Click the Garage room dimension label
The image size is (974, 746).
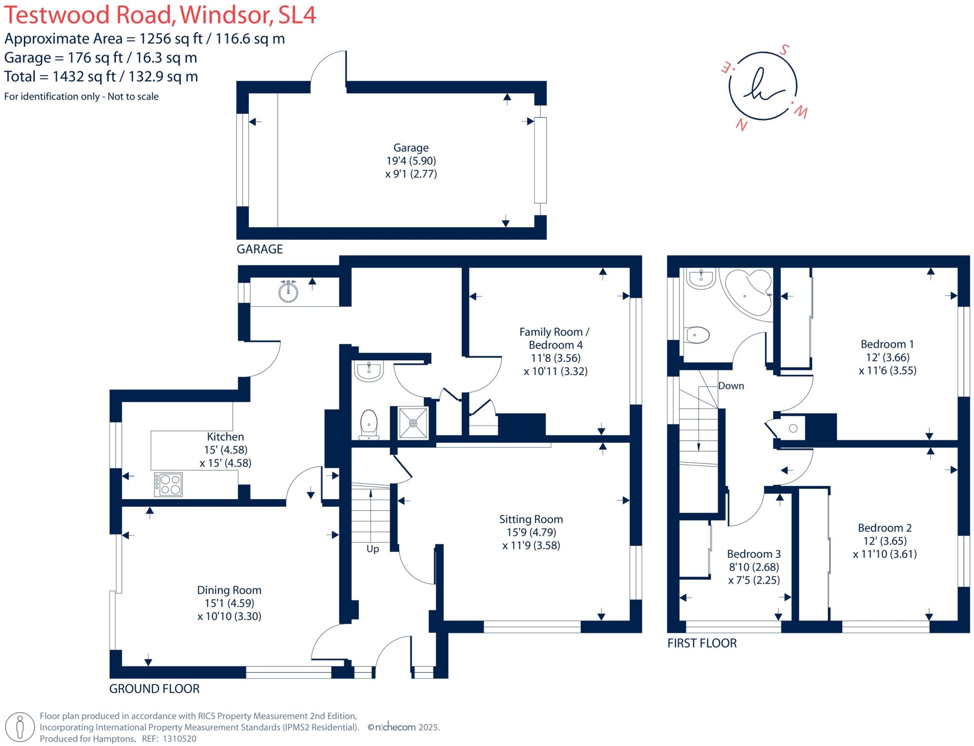[411, 161]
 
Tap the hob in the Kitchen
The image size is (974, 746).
[168, 484]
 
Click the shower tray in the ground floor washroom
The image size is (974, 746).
[412, 422]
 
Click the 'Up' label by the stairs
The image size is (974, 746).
[372, 549]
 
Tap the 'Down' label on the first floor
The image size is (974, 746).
[731, 386]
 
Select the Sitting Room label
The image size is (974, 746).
[531, 519]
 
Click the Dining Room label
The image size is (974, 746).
[229, 590]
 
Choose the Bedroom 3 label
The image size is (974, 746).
[754, 554]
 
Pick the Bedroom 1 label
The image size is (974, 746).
[887, 344]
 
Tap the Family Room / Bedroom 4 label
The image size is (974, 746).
[555, 338]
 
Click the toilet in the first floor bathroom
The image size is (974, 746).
[698, 335]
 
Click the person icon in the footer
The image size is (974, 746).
[19, 727]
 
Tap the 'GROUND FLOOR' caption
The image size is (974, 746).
[154, 688]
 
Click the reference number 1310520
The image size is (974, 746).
[179, 739]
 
